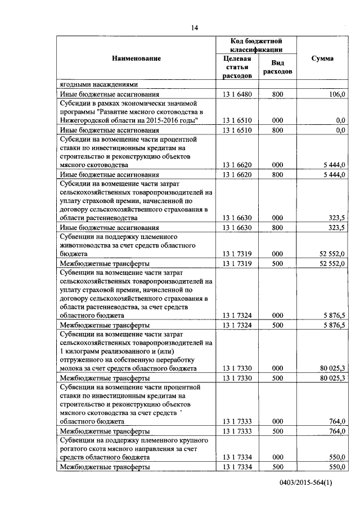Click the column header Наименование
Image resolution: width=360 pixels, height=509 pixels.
tap(136, 58)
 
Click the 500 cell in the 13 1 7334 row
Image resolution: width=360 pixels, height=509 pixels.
tap(277, 467)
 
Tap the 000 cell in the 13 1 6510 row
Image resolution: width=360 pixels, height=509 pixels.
tap(277, 120)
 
